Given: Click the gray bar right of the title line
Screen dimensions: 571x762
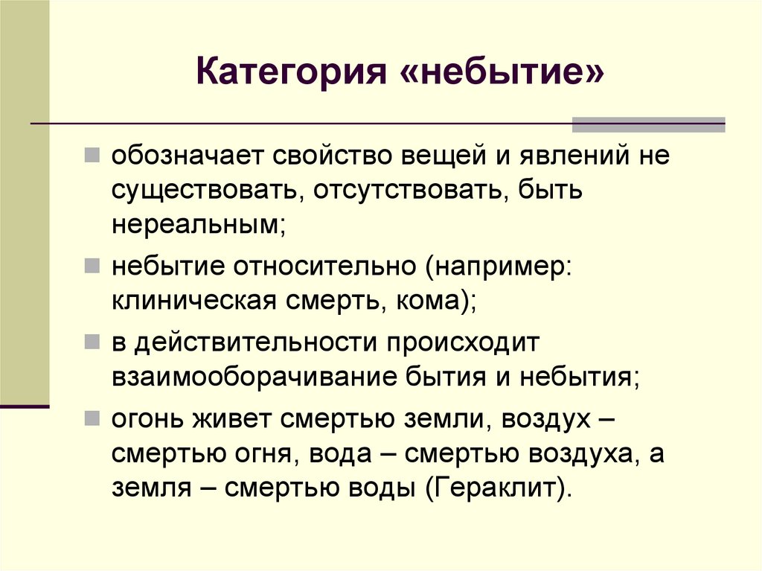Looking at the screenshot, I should [648, 124].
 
